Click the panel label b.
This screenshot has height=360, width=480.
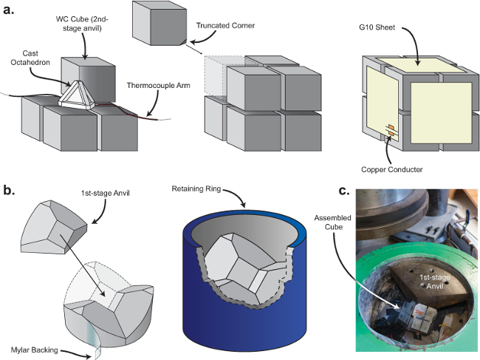pos(9,190)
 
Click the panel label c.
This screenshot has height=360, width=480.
pos(344,191)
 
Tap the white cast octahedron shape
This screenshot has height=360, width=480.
pos(78,95)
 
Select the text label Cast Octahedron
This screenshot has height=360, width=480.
pos(30,58)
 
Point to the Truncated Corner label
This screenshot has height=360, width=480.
pos(225,25)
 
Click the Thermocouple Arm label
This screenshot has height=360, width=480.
pos(158,85)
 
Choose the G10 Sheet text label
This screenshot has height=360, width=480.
pos(377,27)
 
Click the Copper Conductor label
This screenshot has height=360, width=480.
pos(391,169)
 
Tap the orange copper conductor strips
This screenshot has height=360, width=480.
pos(391,130)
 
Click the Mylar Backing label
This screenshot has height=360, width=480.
pos(34,350)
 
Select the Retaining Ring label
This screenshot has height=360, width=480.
pos(196,189)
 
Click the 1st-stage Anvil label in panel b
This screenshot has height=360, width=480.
pos(105,194)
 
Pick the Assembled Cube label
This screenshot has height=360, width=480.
pos(333,222)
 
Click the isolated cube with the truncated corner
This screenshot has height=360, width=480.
pos(160,23)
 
